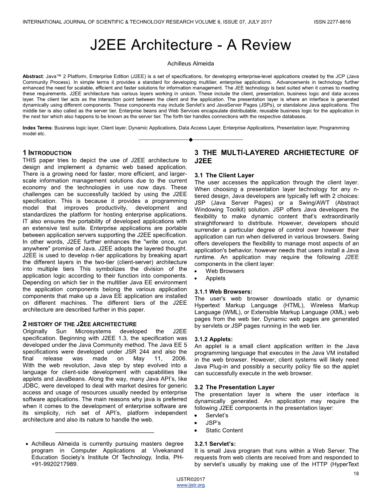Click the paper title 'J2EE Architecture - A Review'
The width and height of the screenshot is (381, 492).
coord(190,45)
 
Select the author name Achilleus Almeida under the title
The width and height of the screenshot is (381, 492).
coord(190,63)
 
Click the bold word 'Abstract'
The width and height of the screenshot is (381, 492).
coord(34,75)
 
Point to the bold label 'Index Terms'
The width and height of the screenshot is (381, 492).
coord(38,128)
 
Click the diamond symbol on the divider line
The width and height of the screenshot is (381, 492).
coord(190,140)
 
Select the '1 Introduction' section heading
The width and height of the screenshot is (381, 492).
coord(47,153)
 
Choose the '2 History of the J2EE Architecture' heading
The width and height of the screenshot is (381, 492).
coord(80,324)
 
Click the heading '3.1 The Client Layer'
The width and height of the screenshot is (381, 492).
coord(224,175)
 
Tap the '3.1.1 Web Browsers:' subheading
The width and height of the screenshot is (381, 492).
coord(223,292)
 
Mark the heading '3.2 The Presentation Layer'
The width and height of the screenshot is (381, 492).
coord(234,387)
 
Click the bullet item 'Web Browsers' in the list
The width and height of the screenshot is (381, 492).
coord(225,271)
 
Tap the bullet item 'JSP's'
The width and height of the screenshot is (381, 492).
coord(213,423)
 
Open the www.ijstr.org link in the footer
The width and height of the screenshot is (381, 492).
coord(190,485)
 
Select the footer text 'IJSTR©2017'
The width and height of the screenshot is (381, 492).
coord(190,479)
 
